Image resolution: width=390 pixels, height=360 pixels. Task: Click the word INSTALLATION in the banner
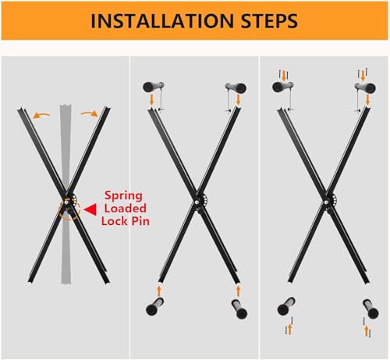(x=162, y=21)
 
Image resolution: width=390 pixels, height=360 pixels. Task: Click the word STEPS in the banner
(x=269, y=21)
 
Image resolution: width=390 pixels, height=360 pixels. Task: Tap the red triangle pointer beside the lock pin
(x=90, y=210)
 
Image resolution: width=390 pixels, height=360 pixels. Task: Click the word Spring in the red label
(x=123, y=197)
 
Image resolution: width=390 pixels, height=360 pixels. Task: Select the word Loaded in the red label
(x=126, y=209)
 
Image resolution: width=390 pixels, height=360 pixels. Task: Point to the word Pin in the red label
(x=140, y=221)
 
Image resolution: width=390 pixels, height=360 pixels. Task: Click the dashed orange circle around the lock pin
(x=69, y=209)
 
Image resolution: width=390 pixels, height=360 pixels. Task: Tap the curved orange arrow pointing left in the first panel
(x=41, y=116)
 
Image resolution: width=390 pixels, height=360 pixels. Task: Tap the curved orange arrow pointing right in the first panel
(x=90, y=113)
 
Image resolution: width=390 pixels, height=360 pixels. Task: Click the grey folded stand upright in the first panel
(x=66, y=194)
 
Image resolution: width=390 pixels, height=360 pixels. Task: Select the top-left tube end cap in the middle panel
(x=149, y=87)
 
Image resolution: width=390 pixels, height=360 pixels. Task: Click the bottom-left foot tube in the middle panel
(x=155, y=307)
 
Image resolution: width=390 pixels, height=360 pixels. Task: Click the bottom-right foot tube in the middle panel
(x=239, y=309)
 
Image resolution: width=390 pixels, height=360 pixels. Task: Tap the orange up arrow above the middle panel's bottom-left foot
(x=159, y=290)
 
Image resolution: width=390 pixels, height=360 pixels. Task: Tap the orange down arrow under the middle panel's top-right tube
(x=238, y=100)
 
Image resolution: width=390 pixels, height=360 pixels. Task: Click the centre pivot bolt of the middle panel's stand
(x=197, y=201)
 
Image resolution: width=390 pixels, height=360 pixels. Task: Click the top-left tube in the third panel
(x=283, y=87)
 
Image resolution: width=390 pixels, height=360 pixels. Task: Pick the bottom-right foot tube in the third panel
(x=370, y=309)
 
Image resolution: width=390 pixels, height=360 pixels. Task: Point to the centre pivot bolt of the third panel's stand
(x=326, y=201)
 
